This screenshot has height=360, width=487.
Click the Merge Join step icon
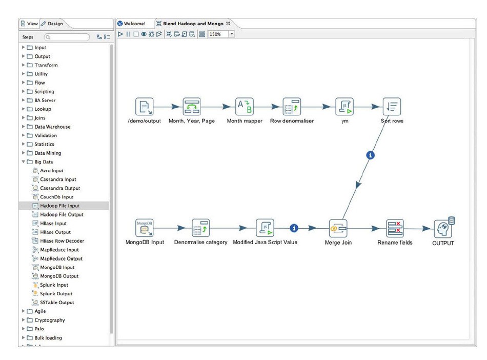pyautogui.click(x=338, y=228)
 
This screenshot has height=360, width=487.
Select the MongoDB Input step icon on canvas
pyautogui.click(x=145, y=228)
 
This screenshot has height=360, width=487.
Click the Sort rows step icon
pyautogui.click(x=392, y=107)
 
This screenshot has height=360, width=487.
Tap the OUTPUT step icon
pyautogui.click(x=443, y=228)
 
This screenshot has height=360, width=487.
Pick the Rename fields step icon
pyautogui.click(x=395, y=228)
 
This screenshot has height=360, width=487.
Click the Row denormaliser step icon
pyautogui.click(x=292, y=107)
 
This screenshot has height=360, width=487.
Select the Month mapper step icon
pyautogui.click(x=245, y=107)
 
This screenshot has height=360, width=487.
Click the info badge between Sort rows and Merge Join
pyautogui.click(x=370, y=155)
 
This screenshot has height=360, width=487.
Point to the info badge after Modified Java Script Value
pyautogui.click(x=294, y=228)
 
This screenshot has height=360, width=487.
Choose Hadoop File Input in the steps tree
pyautogui.click(x=59, y=206)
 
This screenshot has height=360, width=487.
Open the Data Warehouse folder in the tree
pyautogui.click(x=52, y=127)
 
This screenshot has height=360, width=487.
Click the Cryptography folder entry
pyautogui.click(x=50, y=320)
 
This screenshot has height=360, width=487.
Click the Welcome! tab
pyautogui.click(x=134, y=24)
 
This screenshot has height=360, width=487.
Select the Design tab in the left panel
pyautogui.click(x=52, y=24)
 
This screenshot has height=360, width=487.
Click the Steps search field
pyautogui.click(x=67, y=37)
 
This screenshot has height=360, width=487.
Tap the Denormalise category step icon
pyautogui.click(x=201, y=228)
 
